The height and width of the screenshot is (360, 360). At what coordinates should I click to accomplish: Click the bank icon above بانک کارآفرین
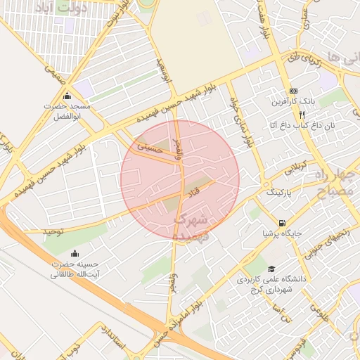(293, 91)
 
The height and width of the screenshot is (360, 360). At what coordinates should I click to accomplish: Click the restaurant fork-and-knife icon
(302, 114)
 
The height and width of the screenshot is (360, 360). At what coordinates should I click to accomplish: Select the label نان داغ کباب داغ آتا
(294, 125)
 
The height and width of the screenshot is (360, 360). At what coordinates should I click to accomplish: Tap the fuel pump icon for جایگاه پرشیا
(282, 221)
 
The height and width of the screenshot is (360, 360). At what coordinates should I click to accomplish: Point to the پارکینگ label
(278, 191)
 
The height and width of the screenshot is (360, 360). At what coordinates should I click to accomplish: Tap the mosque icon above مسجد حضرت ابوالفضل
(67, 96)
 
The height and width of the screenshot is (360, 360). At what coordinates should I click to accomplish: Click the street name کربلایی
(295, 169)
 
